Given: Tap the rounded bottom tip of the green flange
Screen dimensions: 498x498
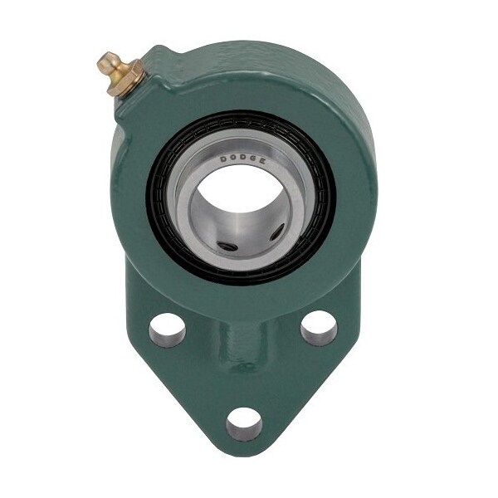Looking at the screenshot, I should pyautogui.click(x=242, y=455).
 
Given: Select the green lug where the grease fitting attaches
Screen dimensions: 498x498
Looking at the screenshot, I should pyautogui.click(x=145, y=83).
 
